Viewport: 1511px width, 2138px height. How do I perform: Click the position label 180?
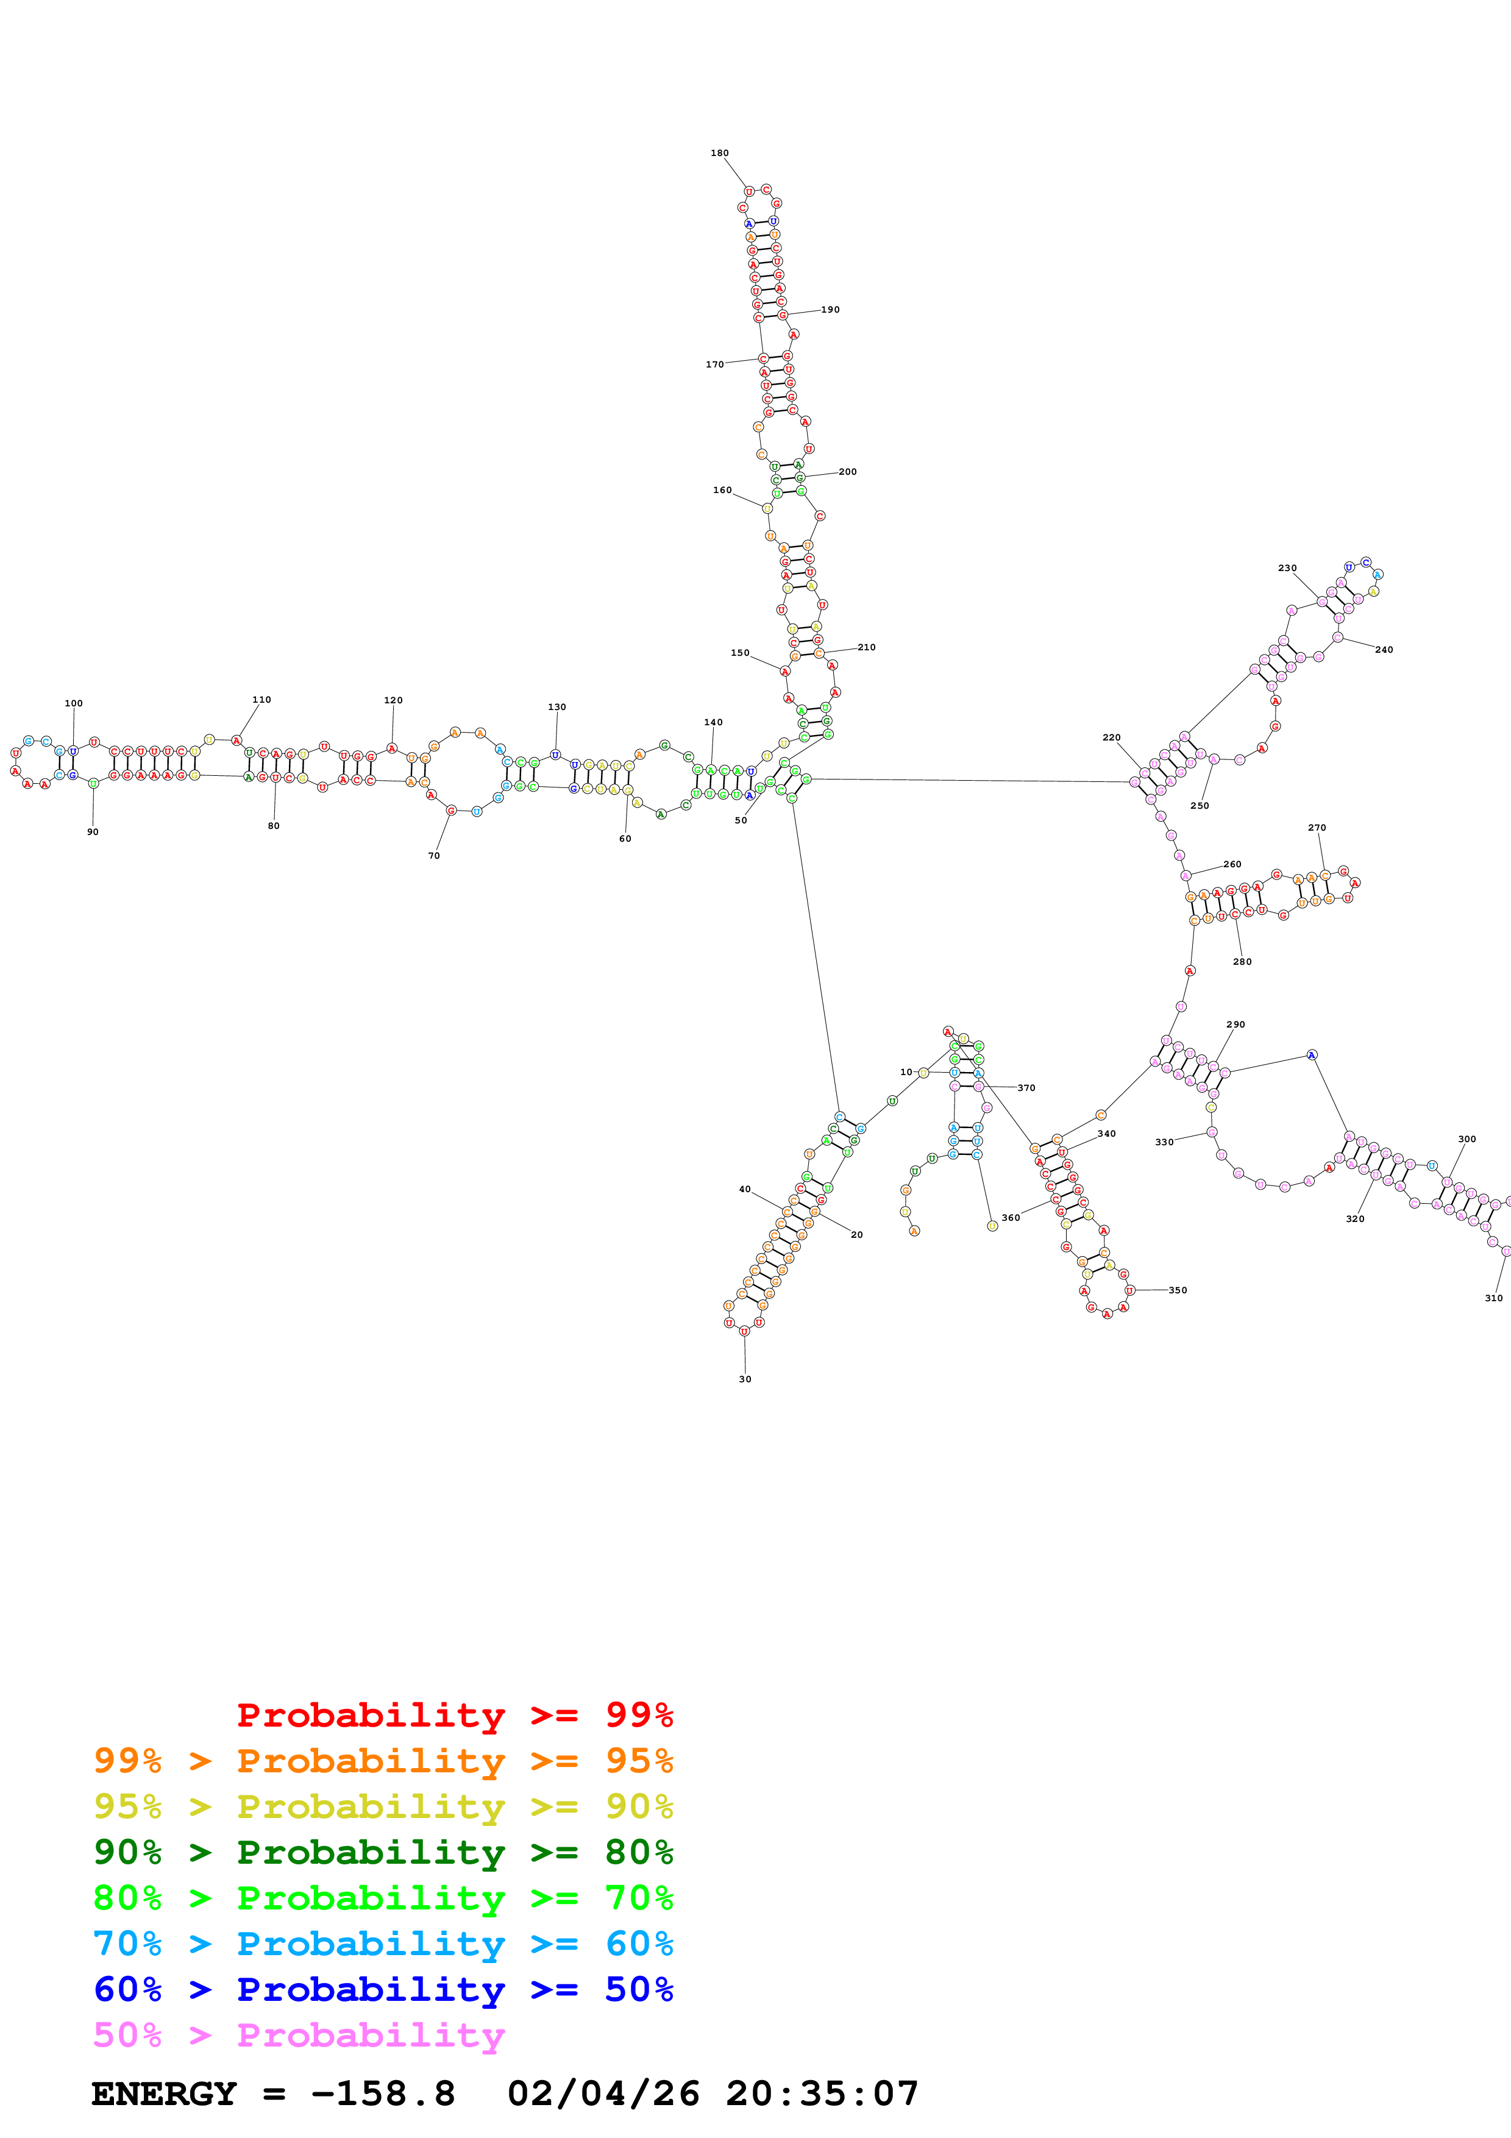pos(720,153)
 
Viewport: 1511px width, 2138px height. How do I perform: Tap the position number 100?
pos(74,703)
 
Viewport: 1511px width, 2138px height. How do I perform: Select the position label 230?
pos(1287,568)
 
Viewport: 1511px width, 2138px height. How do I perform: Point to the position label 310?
pos(1493,1298)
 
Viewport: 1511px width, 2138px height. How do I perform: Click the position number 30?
pos(745,1379)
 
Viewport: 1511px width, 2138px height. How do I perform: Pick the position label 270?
pos(1317,828)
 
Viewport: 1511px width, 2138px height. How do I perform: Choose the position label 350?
pos(1178,1291)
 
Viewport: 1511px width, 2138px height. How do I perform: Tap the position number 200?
pos(847,472)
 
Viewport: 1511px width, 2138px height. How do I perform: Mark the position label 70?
pos(434,856)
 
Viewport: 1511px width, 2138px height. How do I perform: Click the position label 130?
pos(556,707)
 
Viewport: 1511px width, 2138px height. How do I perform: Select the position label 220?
pos(1112,737)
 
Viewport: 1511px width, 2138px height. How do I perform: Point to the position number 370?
pos(1026,1088)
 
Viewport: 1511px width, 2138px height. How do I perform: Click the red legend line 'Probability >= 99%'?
pos(454,1715)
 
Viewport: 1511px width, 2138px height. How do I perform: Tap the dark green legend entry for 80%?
pos(383,1852)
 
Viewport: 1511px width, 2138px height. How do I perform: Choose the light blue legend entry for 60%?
pos(383,1944)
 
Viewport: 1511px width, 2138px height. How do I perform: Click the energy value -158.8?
pos(383,2094)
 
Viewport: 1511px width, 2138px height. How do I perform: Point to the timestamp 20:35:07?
pos(822,2094)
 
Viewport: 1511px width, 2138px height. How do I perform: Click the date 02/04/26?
pos(603,2094)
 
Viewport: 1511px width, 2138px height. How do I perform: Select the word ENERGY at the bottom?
pos(164,2094)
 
